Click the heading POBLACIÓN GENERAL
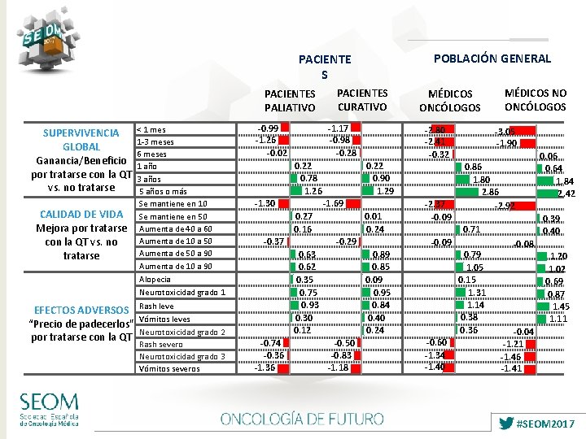[x=492, y=59]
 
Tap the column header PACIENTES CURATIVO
[x=361, y=100]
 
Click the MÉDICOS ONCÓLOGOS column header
[x=450, y=101]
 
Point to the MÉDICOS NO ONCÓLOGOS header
[x=535, y=100]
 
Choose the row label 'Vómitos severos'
[x=169, y=369]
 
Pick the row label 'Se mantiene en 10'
[x=173, y=203]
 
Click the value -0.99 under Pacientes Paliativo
[x=268, y=128]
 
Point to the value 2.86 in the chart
[x=490, y=192]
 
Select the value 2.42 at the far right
[x=566, y=193]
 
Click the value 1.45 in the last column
[x=560, y=306]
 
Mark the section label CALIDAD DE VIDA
[x=81, y=215]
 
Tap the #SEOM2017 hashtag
[x=540, y=424]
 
